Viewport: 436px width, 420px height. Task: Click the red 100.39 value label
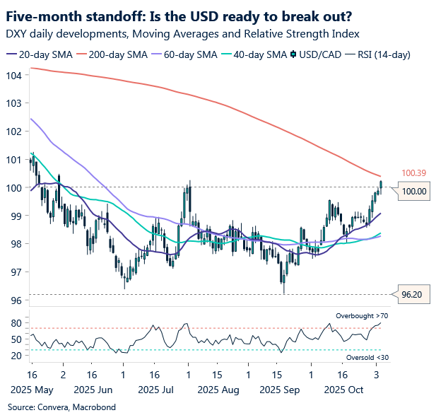click(x=414, y=173)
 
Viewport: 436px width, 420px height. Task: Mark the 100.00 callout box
click(x=414, y=191)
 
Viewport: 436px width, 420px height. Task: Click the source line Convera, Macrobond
click(x=61, y=407)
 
